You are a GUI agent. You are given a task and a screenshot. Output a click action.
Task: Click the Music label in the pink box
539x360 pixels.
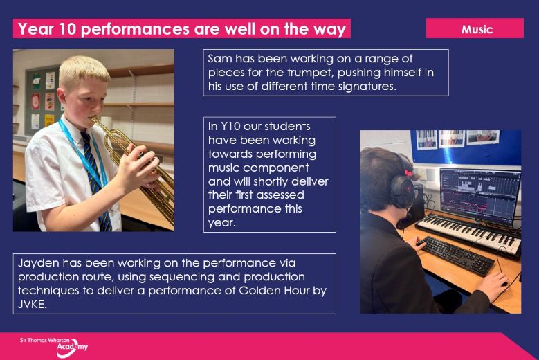(477, 29)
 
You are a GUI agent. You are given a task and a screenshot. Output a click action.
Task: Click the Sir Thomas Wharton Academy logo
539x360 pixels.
(54, 347)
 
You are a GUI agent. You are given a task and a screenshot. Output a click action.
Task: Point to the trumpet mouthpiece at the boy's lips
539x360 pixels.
(93, 119)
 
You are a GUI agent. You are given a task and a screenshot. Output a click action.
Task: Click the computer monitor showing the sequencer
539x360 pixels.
(480, 195)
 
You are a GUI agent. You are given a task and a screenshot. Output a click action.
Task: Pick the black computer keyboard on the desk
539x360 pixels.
(455, 255)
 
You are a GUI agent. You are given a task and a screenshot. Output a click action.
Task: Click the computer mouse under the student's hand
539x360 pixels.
(504, 282)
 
